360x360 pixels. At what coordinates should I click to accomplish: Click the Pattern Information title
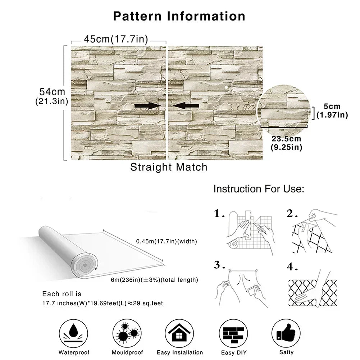(179, 16)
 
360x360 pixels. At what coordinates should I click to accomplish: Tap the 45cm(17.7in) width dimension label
(116, 39)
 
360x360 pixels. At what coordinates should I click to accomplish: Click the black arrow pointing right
(147, 105)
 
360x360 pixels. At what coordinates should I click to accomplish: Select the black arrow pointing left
(186, 105)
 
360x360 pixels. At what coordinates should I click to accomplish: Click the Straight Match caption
(169, 167)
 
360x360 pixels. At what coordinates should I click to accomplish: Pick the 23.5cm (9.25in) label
(286, 143)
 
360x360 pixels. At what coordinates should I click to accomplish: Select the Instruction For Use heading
(259, 189)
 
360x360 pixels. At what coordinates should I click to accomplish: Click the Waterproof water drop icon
(74, 334)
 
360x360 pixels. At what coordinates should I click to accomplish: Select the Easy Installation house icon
(179, 334)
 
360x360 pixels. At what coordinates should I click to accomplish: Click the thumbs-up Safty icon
(286, 334)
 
